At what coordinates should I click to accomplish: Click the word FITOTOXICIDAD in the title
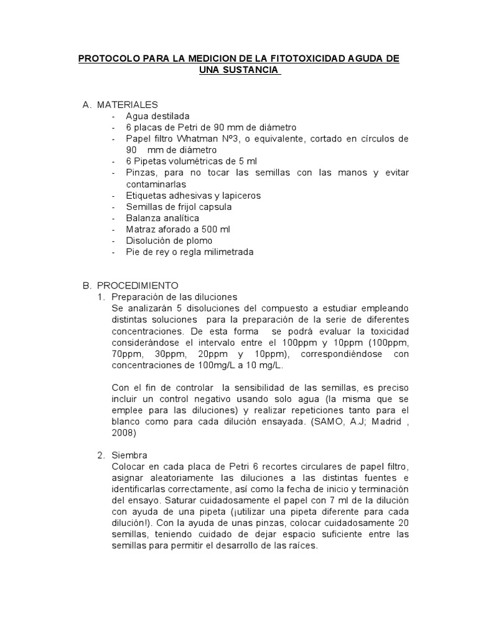tap(296, 59)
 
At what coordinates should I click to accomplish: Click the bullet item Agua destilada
tap(157, 116)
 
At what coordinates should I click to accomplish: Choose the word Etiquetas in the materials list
tap(144, 196)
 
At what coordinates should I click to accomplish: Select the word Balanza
tap(141, 218)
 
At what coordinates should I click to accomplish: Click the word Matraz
tap(139, 229)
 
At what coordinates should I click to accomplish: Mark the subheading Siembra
tap(129, 455)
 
